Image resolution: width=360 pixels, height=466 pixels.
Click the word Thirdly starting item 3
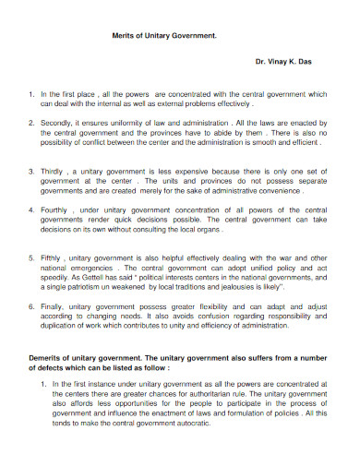[55, 172]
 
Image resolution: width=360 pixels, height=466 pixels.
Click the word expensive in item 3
[198, 172]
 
